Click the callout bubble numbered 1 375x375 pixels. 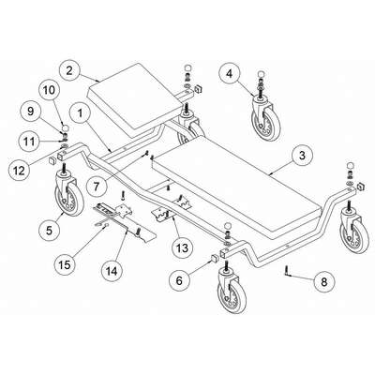tap(81, 113)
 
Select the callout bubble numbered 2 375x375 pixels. tap(69, 70)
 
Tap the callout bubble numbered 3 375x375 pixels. tap(302, 156)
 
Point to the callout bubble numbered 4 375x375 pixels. tap(230, 74)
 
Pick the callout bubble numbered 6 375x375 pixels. tap(179, 280)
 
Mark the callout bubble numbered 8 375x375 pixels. tap(323, 282)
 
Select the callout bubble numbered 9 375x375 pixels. tap(30, 112)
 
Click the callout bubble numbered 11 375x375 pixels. tap(30, 142)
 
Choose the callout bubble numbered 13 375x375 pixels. tap(183, 247)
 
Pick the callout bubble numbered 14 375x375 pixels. tap(112, 271)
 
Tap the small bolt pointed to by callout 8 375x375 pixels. tap(286, 270)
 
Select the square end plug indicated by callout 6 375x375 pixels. tap(214, 259)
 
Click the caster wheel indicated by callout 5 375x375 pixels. tap(69, 194)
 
